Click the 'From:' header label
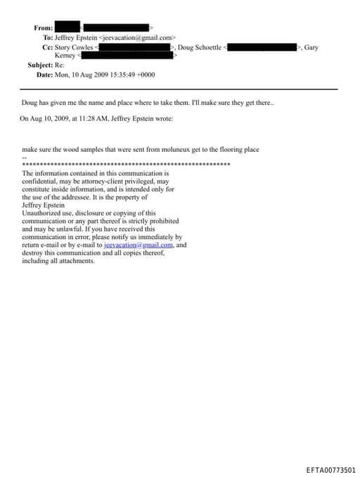(x=42, y=27)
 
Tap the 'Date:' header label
(x=44, y=74)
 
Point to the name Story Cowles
(x=74, y=47)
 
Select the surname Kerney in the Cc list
(x=65, y=55)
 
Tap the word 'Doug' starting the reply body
(x=29, y=103)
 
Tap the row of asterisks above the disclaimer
(x=127, y=165)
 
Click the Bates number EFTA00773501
(x=331, y=470)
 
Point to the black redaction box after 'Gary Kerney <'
(x=127, y=55)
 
